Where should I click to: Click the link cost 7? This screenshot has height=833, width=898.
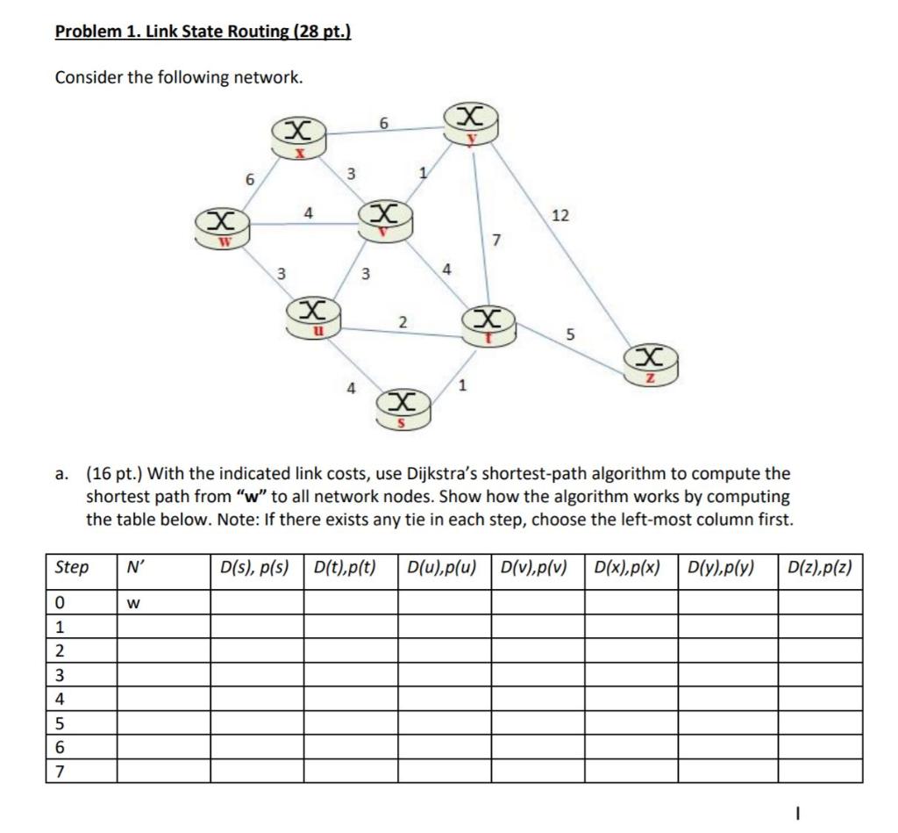coord(496,239)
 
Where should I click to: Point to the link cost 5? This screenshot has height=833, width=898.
coord(570,334)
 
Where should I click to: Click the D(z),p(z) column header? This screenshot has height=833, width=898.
coord(819,568)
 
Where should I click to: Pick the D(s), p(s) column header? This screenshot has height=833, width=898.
coord(257,568)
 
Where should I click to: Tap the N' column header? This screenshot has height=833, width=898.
coord(136,568)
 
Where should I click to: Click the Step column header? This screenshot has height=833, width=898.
coord(72,568)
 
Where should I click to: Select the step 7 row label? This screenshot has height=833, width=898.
coord(60,771)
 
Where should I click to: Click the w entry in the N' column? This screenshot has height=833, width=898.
coord(133,603)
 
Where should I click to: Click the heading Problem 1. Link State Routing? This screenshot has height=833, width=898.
coord(203,32)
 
